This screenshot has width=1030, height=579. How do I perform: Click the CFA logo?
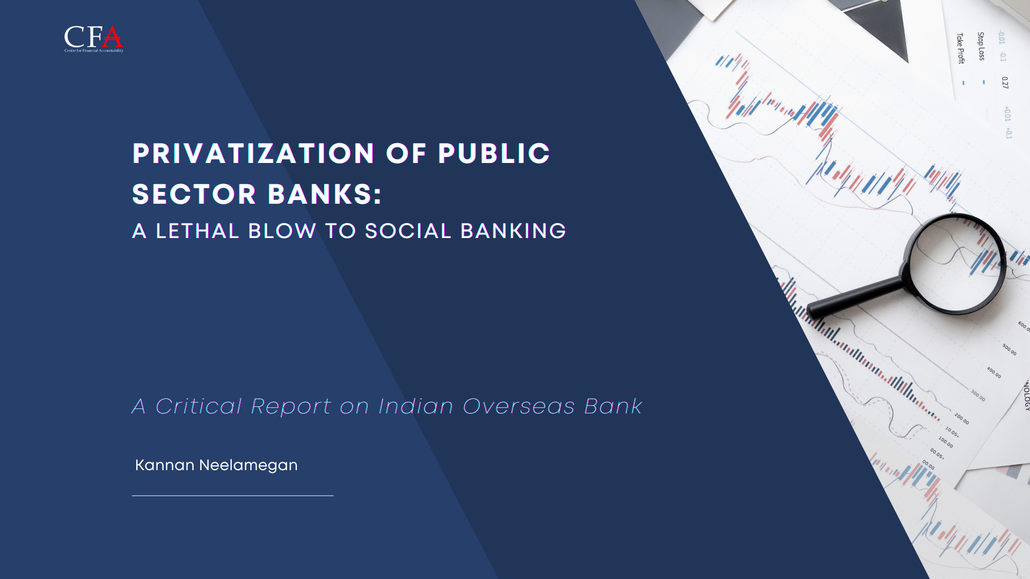tap(93, 39)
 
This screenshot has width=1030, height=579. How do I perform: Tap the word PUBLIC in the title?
tap(494, 154)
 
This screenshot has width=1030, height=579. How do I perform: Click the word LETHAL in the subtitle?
tap(197, 231)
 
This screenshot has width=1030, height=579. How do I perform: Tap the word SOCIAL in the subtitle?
tap(408, 231)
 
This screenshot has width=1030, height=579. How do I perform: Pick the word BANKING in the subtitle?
tap(513, 231)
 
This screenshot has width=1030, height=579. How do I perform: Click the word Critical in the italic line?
tap(198, 406)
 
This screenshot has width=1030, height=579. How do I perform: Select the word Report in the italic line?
tap(291, 406)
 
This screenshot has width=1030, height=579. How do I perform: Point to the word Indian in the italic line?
tap(416, 406)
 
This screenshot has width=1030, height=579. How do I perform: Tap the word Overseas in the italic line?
tap(518, 406)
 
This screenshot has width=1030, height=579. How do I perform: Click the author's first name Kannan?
tap(165, 465)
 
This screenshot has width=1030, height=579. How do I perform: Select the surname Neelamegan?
tap(248, 465)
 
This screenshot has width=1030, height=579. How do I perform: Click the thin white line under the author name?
tap(232, 496)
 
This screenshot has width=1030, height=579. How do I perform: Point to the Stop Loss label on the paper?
tap(981, 46)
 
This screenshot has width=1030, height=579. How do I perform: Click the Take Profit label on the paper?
tap(960, 48)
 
